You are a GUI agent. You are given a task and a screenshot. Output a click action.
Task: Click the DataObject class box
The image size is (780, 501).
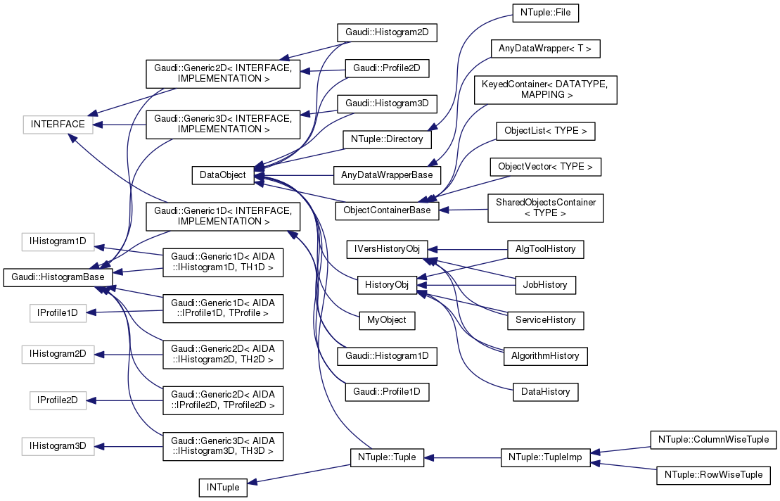pyautogui.click(x=222, y=175)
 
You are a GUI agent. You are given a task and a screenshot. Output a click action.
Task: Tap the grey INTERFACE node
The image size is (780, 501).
pyautogui.click(x=58, y=125)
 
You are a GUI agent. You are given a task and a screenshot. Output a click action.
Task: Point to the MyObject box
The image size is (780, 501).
pyautogui.click(x=387, y=319)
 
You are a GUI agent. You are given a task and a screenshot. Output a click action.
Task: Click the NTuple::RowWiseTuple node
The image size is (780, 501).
pyautogui.click(x=713, y=474)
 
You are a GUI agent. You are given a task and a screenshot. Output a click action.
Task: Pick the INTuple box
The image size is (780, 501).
pyautogui.click(x=222, y=487)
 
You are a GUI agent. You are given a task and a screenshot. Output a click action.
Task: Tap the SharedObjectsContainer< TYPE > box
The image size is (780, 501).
pyautogui.click(x=545, y=208)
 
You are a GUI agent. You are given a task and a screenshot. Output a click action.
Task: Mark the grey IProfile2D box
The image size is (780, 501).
pyautogui.click(x=58, y=400)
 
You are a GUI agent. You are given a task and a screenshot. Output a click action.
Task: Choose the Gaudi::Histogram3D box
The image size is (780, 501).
pyautogui.click(x=387, y=103)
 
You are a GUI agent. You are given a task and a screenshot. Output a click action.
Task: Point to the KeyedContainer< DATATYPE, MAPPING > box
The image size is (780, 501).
pyautogui.click(x=546, y=89)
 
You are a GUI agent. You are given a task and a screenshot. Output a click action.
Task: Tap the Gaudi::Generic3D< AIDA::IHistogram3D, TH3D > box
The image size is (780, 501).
pyautogui.click(x=223, y=446)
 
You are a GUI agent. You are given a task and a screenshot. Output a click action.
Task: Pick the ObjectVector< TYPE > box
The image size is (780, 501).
pyautogui.click(x=545, y=167)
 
